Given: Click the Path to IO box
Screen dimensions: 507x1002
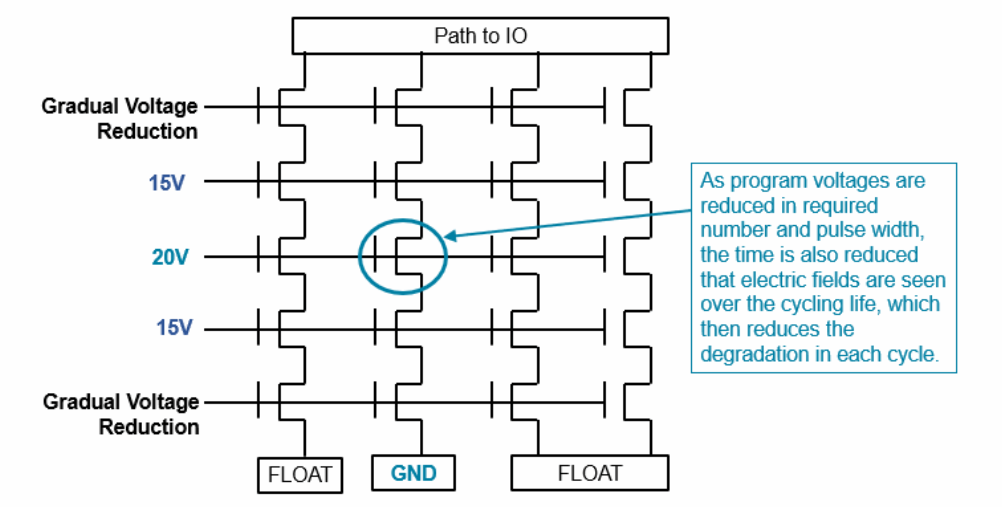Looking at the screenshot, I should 480,36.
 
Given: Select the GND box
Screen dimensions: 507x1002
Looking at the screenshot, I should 413,473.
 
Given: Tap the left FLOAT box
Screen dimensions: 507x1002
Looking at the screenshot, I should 300,475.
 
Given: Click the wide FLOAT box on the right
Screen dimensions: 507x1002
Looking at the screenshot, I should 589,473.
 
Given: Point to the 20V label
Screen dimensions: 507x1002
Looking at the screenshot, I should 170,257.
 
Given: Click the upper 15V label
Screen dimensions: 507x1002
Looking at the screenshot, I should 167,183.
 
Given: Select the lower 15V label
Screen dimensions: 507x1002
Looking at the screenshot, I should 174,327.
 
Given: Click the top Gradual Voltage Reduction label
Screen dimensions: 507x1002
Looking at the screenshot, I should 120,118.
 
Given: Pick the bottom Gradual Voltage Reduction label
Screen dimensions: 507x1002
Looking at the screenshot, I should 121,414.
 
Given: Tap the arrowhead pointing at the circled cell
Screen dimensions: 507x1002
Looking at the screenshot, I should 450,236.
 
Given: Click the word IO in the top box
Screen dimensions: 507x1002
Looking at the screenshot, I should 516,36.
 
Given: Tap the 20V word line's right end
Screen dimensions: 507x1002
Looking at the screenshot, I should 604,256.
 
